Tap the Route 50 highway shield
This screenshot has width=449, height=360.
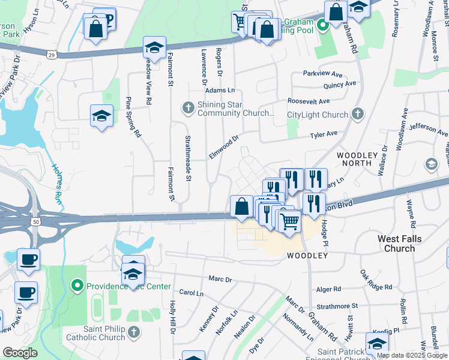click(x=37, y=222)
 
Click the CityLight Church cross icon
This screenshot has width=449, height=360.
click(x=358, y=114)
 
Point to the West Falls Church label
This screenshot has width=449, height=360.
click(x=400, y=244)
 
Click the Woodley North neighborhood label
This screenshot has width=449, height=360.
click(x=357, y=160)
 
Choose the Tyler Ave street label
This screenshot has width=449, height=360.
click(x=323, y=135)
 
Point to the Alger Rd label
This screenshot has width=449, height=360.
click(x=328, y=289)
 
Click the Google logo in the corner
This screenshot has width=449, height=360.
click(x=20, y=353)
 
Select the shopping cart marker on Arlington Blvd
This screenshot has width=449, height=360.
click(x=290, y=221)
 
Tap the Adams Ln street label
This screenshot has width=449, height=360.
click(x=220, y=90)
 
